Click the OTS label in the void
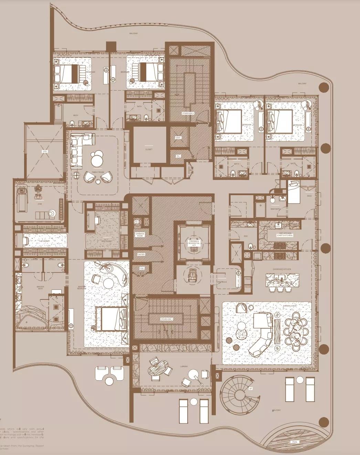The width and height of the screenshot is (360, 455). click(45, 151)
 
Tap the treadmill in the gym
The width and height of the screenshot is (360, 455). click(22, 199)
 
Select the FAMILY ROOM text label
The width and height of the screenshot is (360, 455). click(98, 172)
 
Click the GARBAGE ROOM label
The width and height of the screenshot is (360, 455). click(140, 235)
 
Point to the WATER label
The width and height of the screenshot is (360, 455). click(141, 254)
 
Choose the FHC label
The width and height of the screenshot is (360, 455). click(142, 268)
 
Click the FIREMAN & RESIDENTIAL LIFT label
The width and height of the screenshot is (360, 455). click(194, 243)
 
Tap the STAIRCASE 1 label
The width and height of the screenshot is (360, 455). click(167, 319)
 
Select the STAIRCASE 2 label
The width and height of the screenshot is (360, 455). click(188, 113)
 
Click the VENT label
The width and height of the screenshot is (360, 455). click(178, 138)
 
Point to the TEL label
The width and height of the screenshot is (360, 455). click(178, 156)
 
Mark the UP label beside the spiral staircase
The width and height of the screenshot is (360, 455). click(250, 389)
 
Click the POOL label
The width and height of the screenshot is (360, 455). click(295, 442)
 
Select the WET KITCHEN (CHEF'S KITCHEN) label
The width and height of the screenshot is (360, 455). click(285, 234)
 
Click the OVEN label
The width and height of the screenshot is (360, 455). click(257, 258)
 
